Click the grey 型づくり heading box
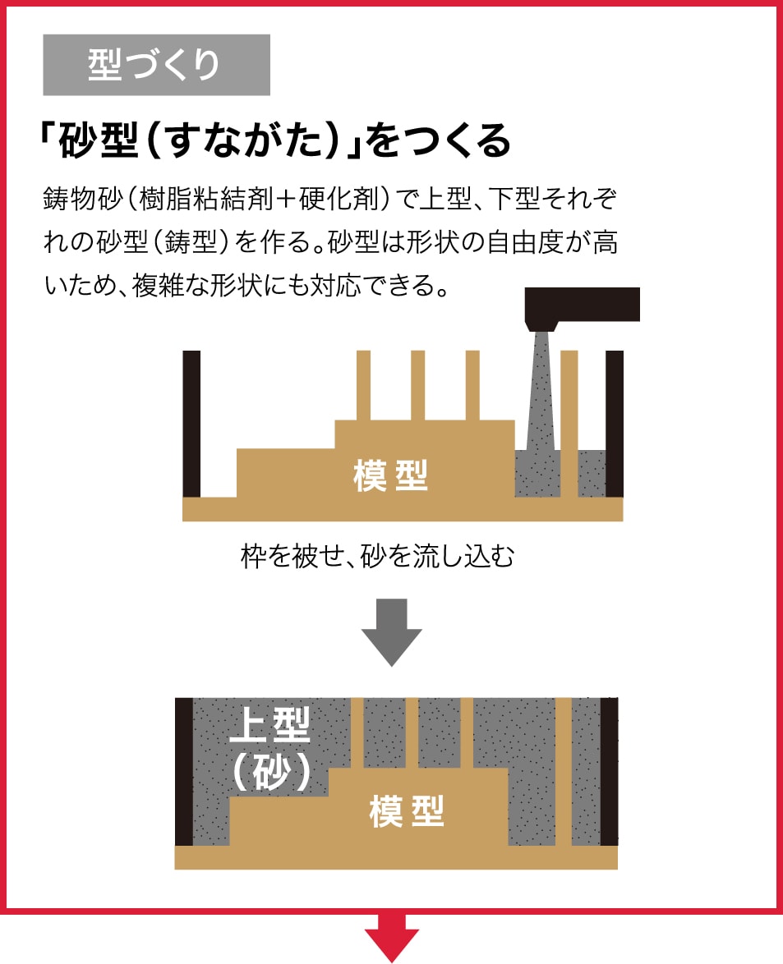point(156,65)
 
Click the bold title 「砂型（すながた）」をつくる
point(275,142)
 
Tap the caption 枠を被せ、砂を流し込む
point(377,556)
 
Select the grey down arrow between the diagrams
point(391,631)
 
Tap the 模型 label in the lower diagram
point(407,812)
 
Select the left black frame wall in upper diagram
point(191,423)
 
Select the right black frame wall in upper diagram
point(615,423)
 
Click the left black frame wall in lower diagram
point(184,772)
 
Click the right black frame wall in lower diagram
point(609,772)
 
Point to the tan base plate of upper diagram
point(403,510)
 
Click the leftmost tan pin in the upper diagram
point(363,385)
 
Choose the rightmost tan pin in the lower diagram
point(563,772)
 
